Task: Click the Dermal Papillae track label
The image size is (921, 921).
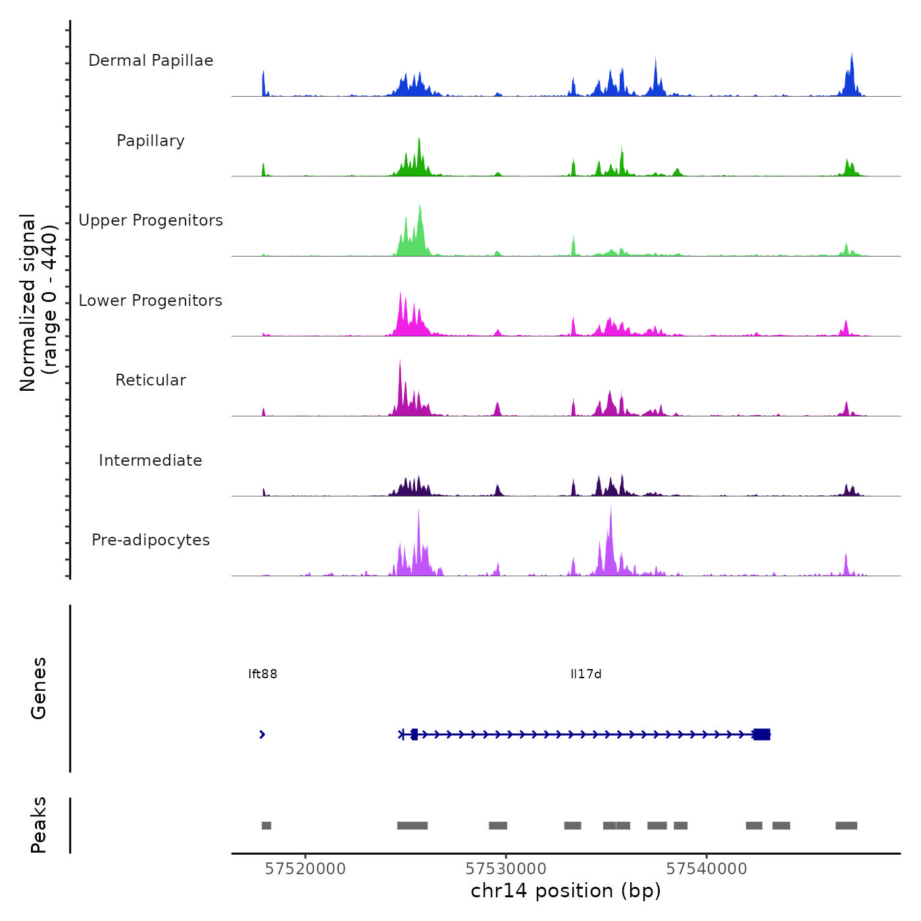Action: pos(151,61)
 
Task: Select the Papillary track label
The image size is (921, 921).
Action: pos(151,141)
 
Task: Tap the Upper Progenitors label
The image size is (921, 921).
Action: pos(151,220)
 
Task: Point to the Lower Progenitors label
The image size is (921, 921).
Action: pos(151,301)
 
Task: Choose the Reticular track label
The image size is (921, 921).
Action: pos(151,380)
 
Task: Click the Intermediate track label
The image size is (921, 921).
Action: pos(151,460)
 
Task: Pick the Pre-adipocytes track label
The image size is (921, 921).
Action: pos(151,540)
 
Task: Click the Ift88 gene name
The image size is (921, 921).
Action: pos(262,674)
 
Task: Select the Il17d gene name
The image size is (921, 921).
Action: pos(585,674)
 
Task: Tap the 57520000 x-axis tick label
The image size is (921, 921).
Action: pos(305,869)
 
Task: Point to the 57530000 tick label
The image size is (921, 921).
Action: pos(506,869)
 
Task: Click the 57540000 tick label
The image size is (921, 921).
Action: pos(707,869)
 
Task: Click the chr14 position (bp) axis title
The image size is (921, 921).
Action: pos(566,891)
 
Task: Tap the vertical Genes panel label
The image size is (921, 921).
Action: pos(39,688)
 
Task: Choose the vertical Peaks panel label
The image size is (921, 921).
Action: pos(39,825)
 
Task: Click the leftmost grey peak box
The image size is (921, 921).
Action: pos(266,826)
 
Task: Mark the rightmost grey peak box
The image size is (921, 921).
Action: pos(846,826)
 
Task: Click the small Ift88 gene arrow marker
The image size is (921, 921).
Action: pos(262,734)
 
